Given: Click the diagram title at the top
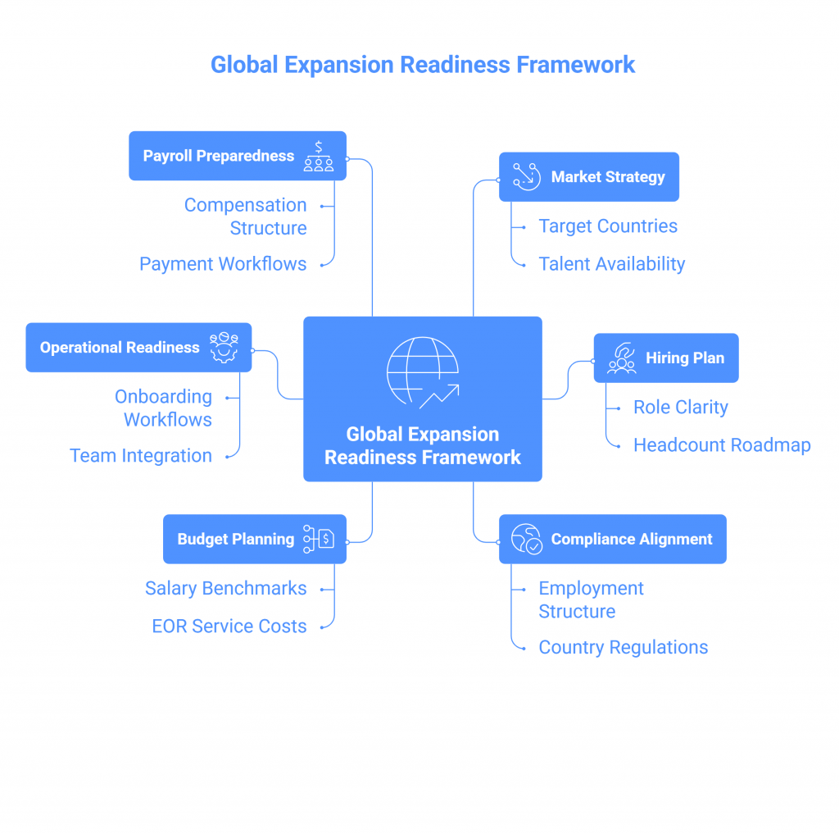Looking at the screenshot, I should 423,65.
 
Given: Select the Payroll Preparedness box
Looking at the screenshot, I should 238,156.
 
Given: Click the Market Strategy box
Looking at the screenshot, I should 589,176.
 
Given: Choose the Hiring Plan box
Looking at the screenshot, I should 666,358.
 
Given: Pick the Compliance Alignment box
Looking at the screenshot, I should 613,539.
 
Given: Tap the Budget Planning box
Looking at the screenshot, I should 255,539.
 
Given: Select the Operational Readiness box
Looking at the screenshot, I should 138,348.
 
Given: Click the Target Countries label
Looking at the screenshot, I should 608,226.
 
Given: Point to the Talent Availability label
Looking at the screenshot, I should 611,264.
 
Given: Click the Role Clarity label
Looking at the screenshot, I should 680,408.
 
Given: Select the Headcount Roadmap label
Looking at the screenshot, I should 722,445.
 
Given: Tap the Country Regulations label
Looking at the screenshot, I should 623,647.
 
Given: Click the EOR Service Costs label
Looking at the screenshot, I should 229,627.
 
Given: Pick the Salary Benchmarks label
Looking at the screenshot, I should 226,588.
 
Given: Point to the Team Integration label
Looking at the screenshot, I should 141,456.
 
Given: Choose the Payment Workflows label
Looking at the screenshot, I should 223,264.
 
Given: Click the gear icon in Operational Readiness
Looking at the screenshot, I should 223,348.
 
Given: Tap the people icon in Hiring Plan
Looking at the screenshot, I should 621,358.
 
